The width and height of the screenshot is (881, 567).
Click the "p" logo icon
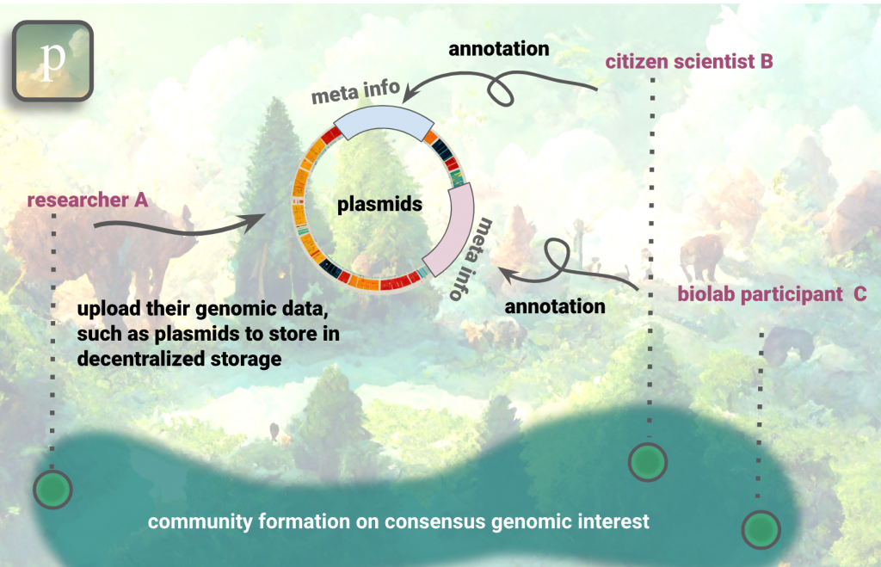click(52, 60)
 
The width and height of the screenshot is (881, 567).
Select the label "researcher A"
click(87, 200)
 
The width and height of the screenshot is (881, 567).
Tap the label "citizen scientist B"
click(689, 61)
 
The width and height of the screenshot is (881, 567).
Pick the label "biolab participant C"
click(771, 294)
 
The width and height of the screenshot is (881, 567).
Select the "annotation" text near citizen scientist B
click(498, 49)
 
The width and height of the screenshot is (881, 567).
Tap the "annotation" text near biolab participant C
click(555, 305)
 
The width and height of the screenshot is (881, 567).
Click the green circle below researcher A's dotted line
click(52, 490)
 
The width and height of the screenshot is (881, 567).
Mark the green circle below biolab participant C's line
click(760, 528)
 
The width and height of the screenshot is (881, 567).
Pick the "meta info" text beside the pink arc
click(474, 258)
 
